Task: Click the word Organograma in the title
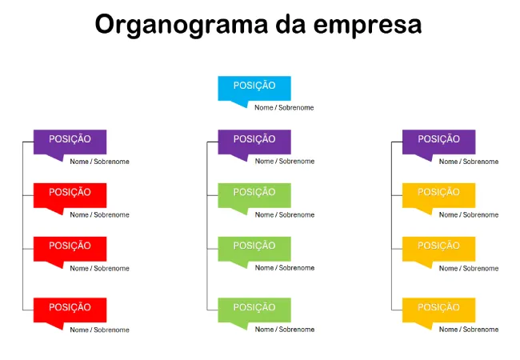181,25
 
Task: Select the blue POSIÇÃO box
254,88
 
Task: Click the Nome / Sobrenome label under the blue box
284,107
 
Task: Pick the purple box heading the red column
70,142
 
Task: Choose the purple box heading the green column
254,142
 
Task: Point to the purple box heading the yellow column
438,142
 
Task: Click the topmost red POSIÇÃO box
70,195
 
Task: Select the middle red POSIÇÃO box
70,249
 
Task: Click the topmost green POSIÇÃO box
254,195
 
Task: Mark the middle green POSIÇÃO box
254,249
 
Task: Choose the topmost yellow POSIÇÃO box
438,195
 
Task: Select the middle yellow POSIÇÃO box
438,249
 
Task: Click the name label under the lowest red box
99,330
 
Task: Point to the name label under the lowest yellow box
469,330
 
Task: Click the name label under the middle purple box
285,161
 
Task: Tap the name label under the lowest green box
285,330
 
